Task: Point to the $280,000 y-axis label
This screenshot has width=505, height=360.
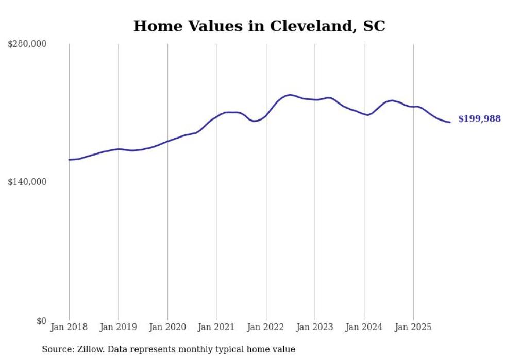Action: tap(27, 44)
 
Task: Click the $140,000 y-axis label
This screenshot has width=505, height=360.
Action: tap(27, 182)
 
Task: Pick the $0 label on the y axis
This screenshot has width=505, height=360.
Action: tap(41, 321)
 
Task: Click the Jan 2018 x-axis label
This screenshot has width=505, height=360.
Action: tap(69, 327)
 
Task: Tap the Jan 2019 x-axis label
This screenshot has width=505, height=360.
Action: tap(119, 327)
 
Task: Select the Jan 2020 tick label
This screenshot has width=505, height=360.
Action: tap(167, 327)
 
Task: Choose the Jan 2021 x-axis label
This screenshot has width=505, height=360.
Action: tap(217, 327)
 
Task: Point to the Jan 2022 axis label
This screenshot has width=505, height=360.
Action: tap(266, 327)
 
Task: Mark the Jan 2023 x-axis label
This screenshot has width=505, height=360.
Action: tap(315, 327)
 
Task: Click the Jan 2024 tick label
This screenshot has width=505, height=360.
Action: tap(364, 327)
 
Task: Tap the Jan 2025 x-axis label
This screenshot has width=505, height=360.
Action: tap(413, 327)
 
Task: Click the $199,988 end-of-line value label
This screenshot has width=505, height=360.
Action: tap(479, 119)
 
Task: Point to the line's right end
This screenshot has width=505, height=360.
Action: tap(450, 122)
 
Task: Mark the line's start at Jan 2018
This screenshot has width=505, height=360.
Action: tap(69, 160)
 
